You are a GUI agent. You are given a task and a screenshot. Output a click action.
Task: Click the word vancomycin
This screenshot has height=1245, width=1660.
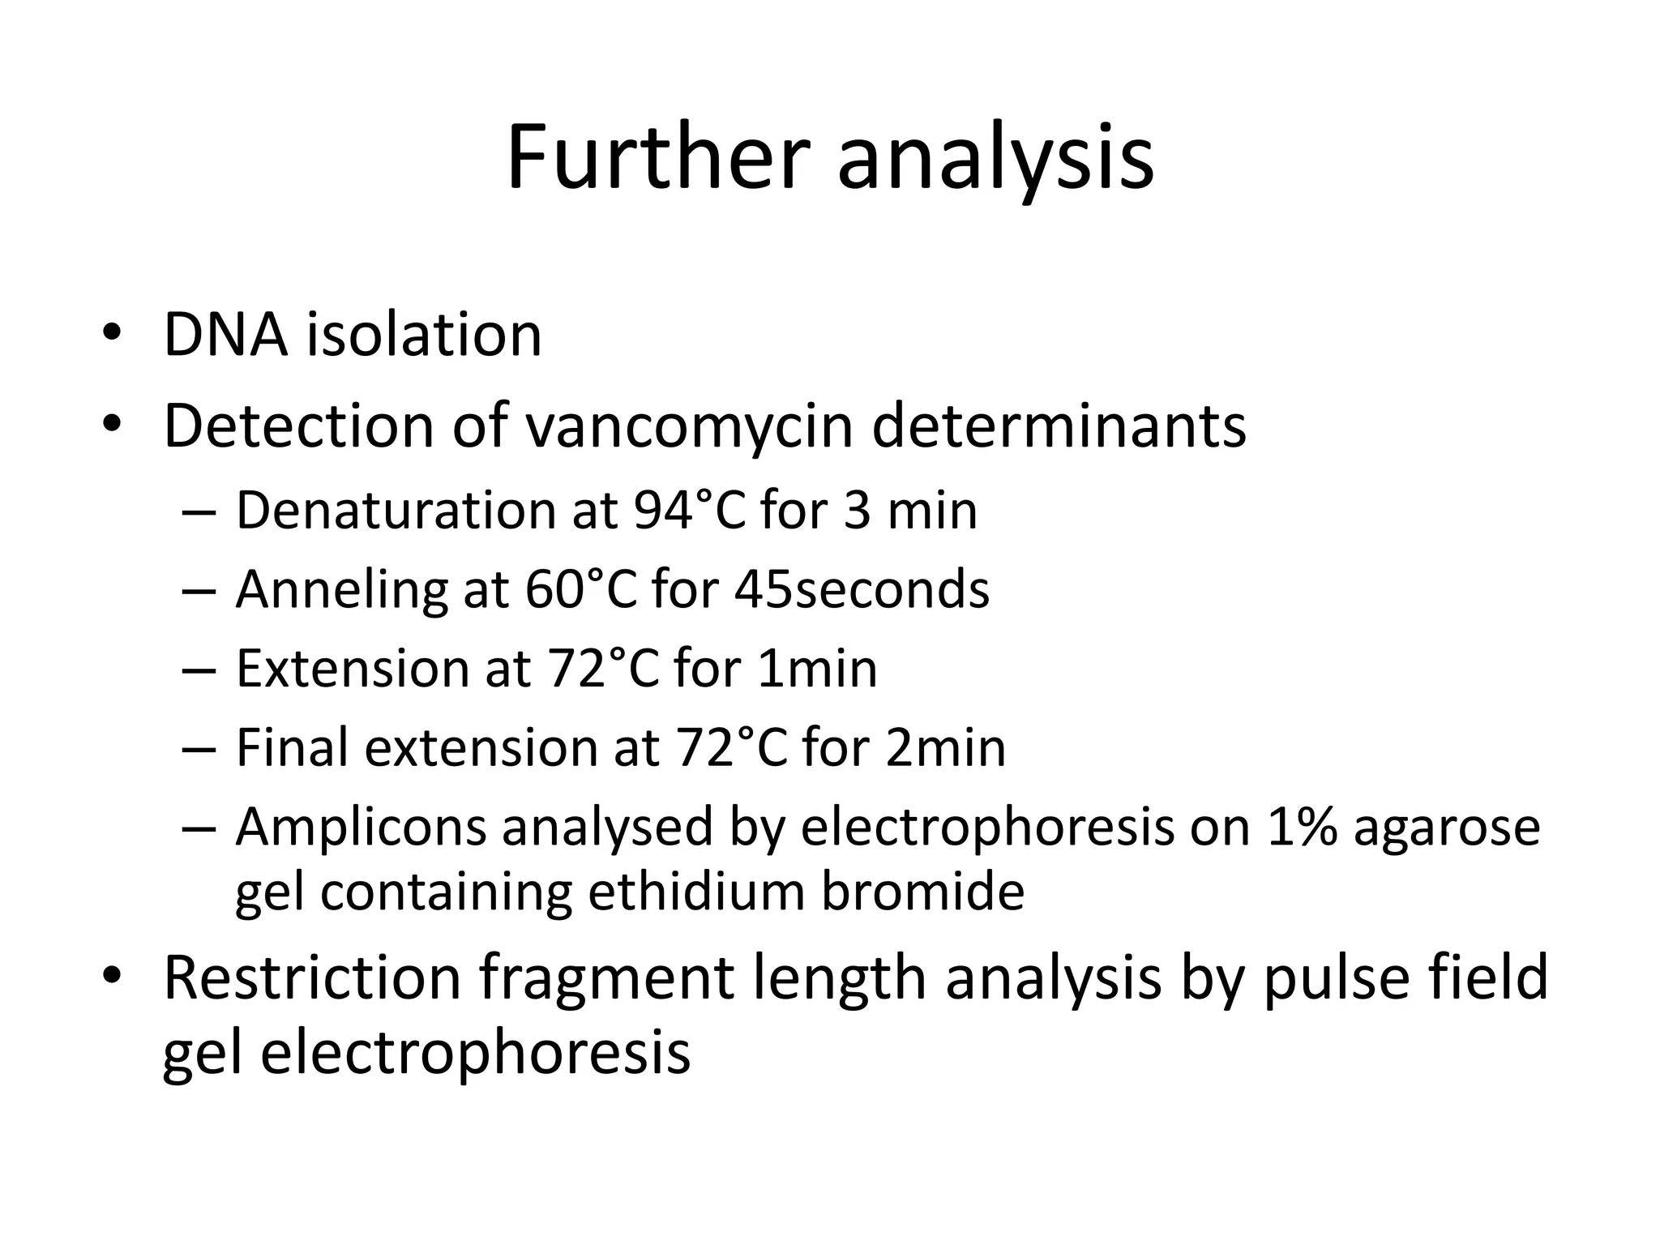pos(690,426)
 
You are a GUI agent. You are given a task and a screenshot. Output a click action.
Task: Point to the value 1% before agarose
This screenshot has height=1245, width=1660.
pos(1301,828)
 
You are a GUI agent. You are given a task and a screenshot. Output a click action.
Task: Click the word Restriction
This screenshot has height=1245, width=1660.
pos(312,978)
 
